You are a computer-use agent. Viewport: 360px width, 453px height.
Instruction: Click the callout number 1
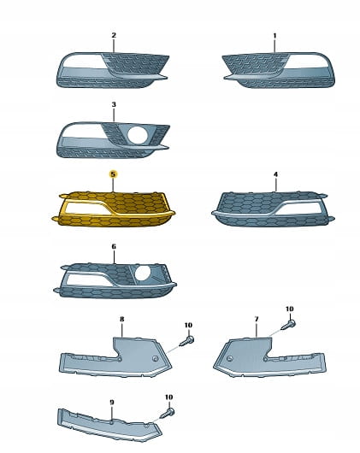click(274, 36)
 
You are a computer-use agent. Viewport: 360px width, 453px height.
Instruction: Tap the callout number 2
click(114, 35)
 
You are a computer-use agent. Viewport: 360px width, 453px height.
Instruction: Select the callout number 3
click(114, 104)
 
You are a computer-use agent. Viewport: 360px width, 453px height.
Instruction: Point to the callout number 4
click(275, 174)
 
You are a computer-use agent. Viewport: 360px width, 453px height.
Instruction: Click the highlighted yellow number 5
click(113, 174)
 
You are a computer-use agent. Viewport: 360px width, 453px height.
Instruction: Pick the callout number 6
click(114, 246)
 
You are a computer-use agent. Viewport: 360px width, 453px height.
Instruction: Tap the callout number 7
click(257, 319)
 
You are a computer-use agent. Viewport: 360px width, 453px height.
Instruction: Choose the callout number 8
click(122, 319)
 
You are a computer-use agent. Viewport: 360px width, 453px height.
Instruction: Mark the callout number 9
click(112, 402)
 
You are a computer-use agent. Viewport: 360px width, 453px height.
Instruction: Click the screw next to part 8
click(186, 341)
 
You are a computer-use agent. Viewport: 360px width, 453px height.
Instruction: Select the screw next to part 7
click(288, 325)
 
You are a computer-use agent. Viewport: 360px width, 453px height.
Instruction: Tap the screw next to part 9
click(167, 413)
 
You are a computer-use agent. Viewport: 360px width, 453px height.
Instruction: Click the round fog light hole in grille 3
click(138, 135)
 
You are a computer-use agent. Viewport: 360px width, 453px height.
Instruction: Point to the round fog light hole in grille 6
click(143, 274)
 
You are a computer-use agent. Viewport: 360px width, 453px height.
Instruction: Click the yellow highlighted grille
click(113, 209)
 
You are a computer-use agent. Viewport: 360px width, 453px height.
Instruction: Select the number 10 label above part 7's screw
click(290, 309)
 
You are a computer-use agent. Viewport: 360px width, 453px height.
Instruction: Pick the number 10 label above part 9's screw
click(169, 397)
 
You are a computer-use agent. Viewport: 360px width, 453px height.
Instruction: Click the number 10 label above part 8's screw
click(188, 325)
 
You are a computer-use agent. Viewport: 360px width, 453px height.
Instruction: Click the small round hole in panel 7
click(230, 358)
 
